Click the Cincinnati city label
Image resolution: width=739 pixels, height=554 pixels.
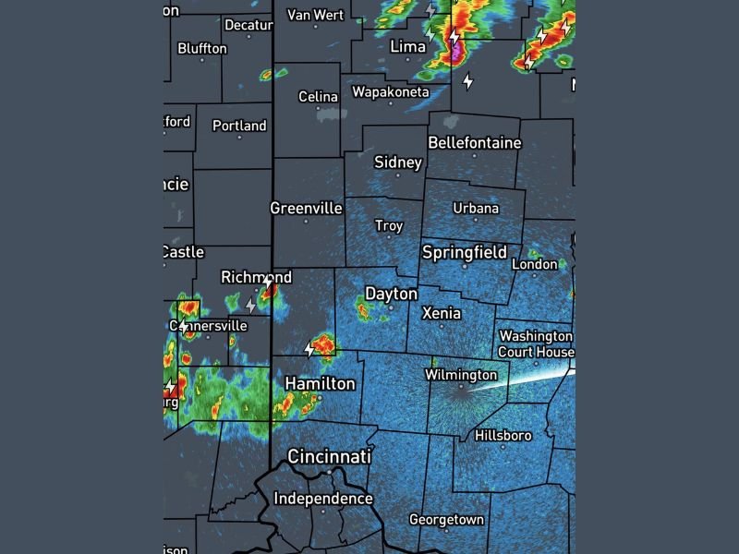(329, 457)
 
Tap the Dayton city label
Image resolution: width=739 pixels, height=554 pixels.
(391, 294)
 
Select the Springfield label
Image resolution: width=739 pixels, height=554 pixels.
(464, 252)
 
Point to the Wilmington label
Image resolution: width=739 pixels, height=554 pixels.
(460, 375)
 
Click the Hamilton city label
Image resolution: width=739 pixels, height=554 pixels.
(320, 383)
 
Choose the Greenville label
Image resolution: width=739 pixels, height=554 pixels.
(306, 209)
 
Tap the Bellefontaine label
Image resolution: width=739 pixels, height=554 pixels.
(474, 143)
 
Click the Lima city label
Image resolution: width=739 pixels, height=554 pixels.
(407, 46)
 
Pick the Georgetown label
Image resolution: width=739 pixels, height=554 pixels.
(446, 520)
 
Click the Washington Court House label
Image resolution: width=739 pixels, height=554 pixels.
(536, 343)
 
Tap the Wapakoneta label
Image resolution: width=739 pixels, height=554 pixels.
(390, 92)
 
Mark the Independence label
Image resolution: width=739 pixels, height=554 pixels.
(323, 499)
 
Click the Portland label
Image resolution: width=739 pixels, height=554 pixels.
(239, 126)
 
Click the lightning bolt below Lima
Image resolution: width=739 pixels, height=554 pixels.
(467, 80)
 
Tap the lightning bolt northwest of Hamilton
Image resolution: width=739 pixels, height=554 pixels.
(309, 349)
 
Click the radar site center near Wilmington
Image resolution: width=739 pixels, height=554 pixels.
(460, 389)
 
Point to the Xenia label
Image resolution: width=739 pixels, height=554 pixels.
(441, 314)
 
